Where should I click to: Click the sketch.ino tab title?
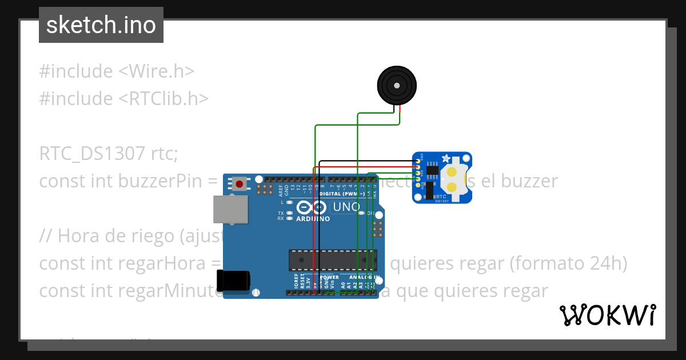[101, 25]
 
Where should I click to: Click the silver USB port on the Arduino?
[230, 209]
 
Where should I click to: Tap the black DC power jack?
[233, 280]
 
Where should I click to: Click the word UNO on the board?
[346, 207]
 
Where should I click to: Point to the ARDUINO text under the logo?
[313, 219]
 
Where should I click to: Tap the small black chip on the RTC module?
[432, 170]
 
